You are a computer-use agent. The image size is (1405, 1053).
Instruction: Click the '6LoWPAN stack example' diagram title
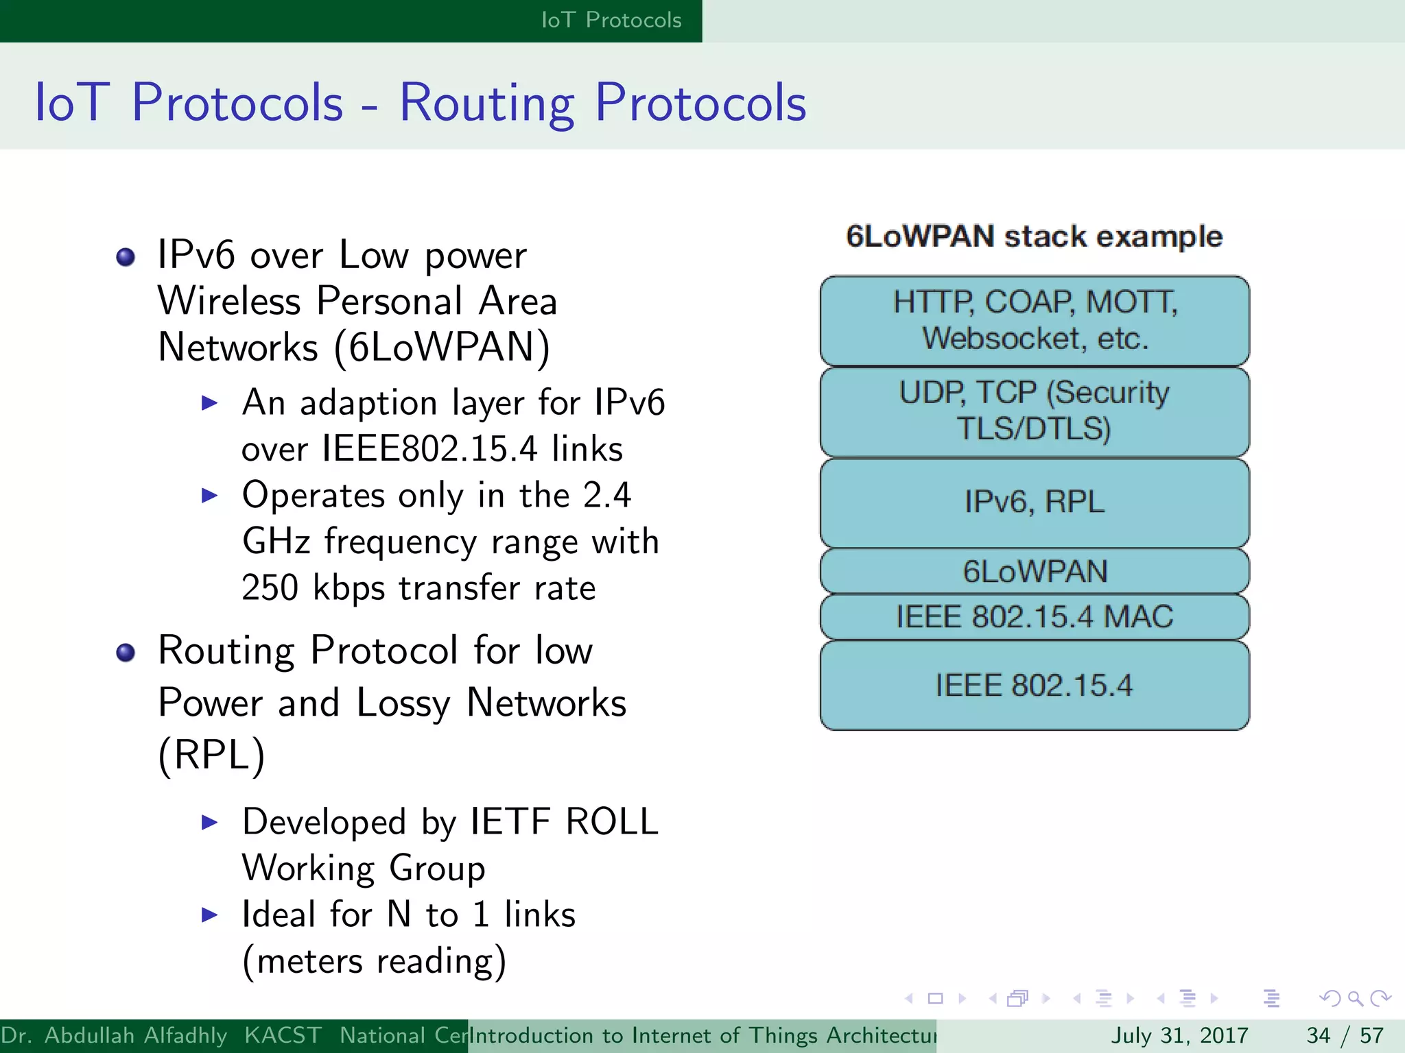(1034, 237)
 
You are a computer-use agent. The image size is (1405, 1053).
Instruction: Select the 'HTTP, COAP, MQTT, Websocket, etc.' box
(1035, 320)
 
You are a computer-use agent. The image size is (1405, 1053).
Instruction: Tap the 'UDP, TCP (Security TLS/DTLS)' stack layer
(1035, 411)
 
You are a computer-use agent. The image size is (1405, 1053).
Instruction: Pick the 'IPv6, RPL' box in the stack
(1035, 502)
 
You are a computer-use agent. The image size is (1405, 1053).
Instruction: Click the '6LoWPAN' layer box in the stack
(1035, 571)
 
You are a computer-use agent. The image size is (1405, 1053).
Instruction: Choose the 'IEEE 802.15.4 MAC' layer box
(1035, 616)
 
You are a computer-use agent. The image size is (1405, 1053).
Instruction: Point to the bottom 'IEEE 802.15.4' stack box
(1035, 685)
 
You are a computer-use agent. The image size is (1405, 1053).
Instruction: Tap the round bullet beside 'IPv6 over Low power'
(126, 258)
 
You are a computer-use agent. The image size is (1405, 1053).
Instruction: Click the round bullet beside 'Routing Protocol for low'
(126, 653)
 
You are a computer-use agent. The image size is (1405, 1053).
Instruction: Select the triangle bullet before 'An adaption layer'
(209, 403)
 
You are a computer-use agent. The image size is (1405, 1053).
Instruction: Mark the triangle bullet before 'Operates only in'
(209, 496)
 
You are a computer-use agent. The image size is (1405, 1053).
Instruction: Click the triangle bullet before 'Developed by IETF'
(209, 822)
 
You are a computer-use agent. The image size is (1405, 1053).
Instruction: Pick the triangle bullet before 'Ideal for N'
(209, 915)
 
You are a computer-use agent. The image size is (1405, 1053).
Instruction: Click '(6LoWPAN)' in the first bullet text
(442, 348)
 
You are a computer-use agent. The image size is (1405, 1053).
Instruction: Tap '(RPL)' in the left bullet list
(211, 755)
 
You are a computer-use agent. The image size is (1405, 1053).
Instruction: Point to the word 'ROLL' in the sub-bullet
(611, 821)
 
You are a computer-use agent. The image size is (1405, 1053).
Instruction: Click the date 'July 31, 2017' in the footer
(1179, 1035)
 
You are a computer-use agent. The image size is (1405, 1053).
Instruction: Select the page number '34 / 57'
(1345, 1035)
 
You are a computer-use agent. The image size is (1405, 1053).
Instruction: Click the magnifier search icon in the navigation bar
(1355, 998)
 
